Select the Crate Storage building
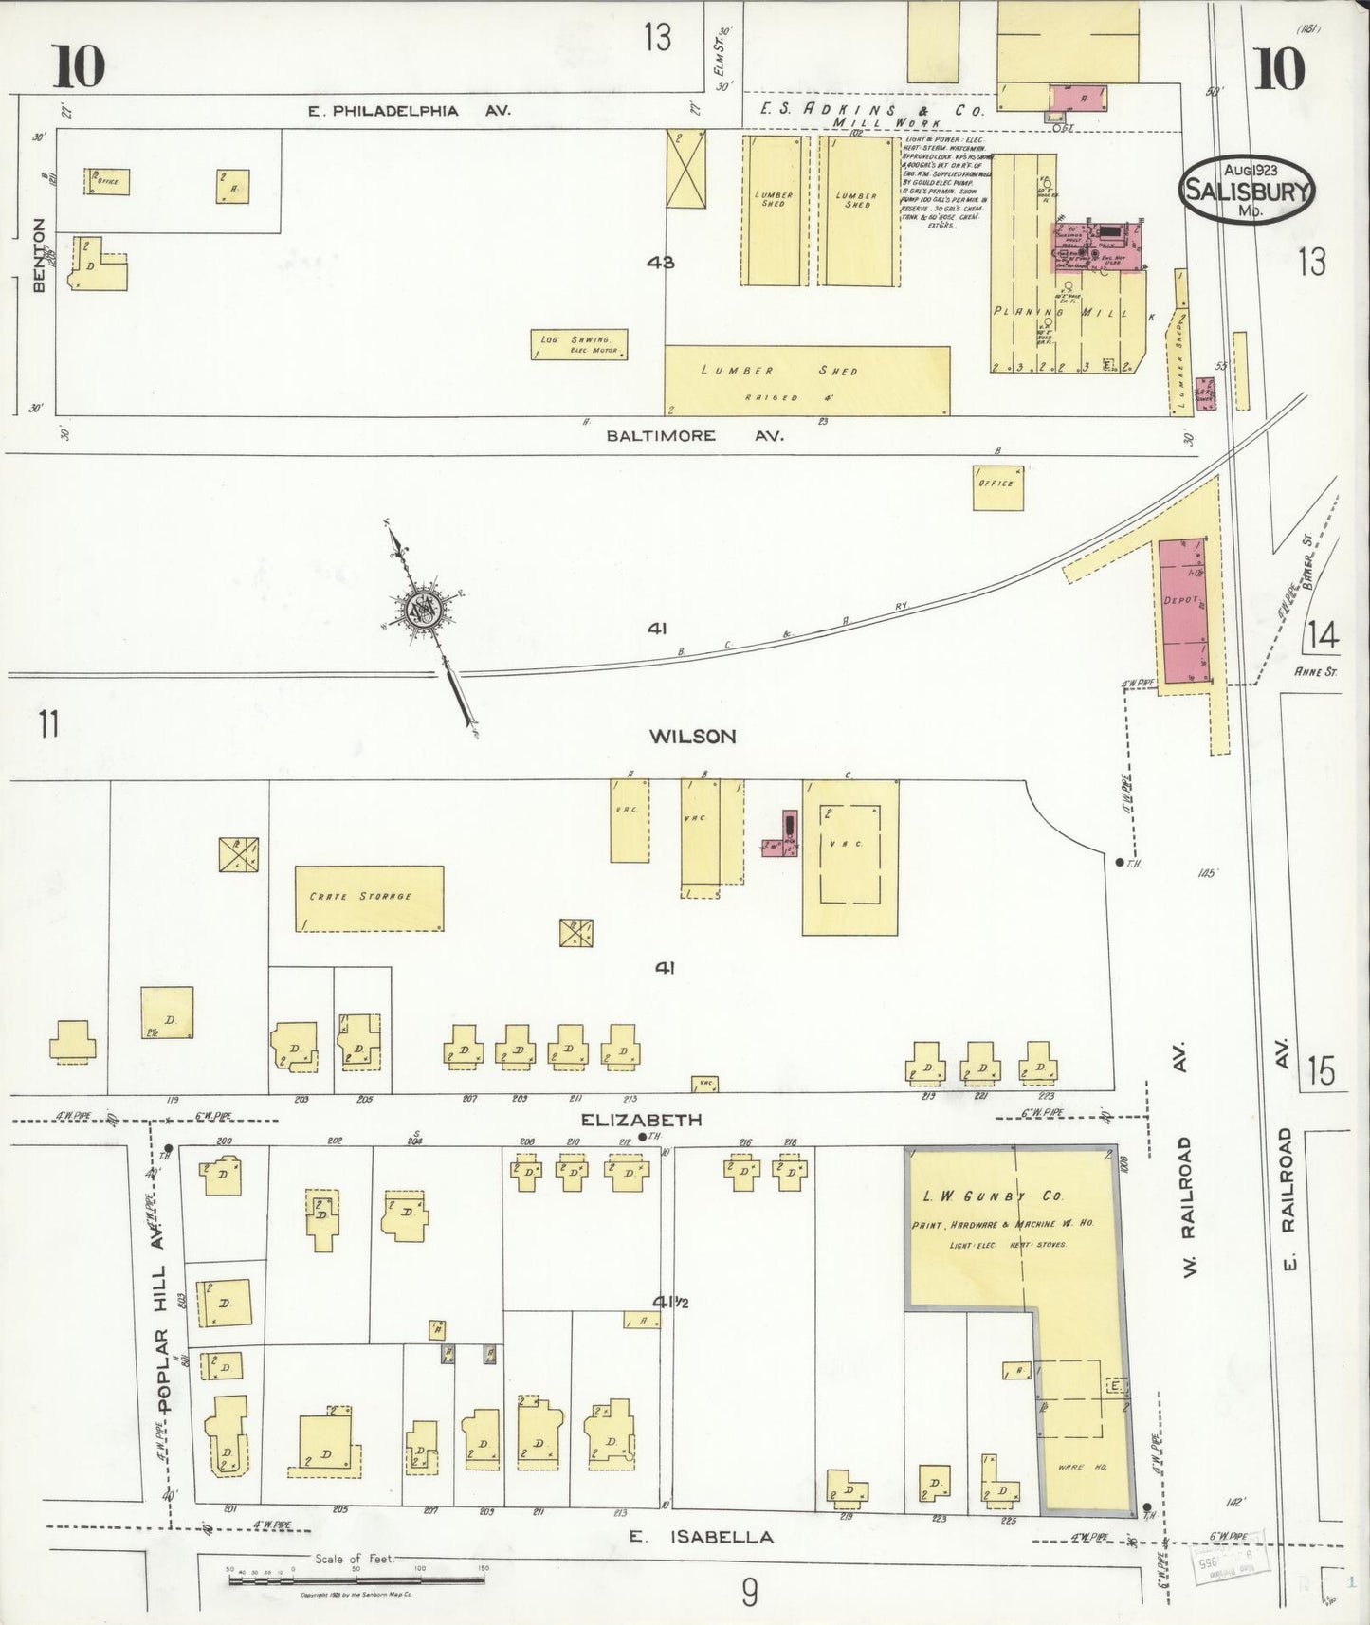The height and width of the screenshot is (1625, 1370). coord(369,898)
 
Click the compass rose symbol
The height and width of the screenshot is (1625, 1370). coord(422,611)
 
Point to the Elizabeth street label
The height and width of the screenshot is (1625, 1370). coord(641,1120)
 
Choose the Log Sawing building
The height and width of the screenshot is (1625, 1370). coord(578,345)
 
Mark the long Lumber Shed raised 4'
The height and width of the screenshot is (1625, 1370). coord(806,380)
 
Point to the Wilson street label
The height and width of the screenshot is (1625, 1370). coord(692,736)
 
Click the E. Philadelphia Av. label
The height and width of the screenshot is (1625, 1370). coord(409,111)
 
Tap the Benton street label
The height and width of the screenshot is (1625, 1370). coord(39,256)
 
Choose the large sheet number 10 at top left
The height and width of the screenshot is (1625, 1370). coord(79,64)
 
